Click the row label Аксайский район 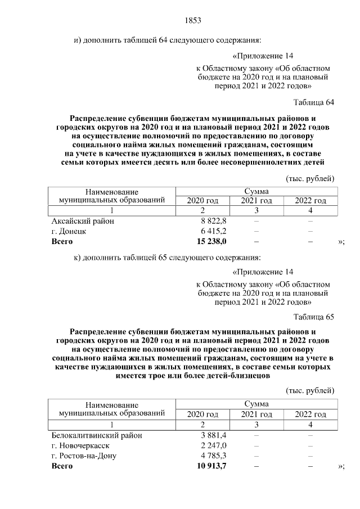tap(83, 221)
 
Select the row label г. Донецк tap(69, 231)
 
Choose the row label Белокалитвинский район tap(97, 435)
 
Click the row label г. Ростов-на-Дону tap(84, 456)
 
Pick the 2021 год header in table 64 tap(256, 201)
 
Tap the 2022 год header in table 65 tap(310, 415)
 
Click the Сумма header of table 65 tap(256, 404)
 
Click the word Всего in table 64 tap(62, 241)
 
